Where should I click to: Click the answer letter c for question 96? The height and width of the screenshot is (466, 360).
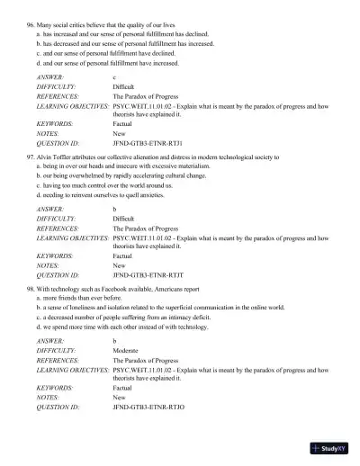[114, 78]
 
